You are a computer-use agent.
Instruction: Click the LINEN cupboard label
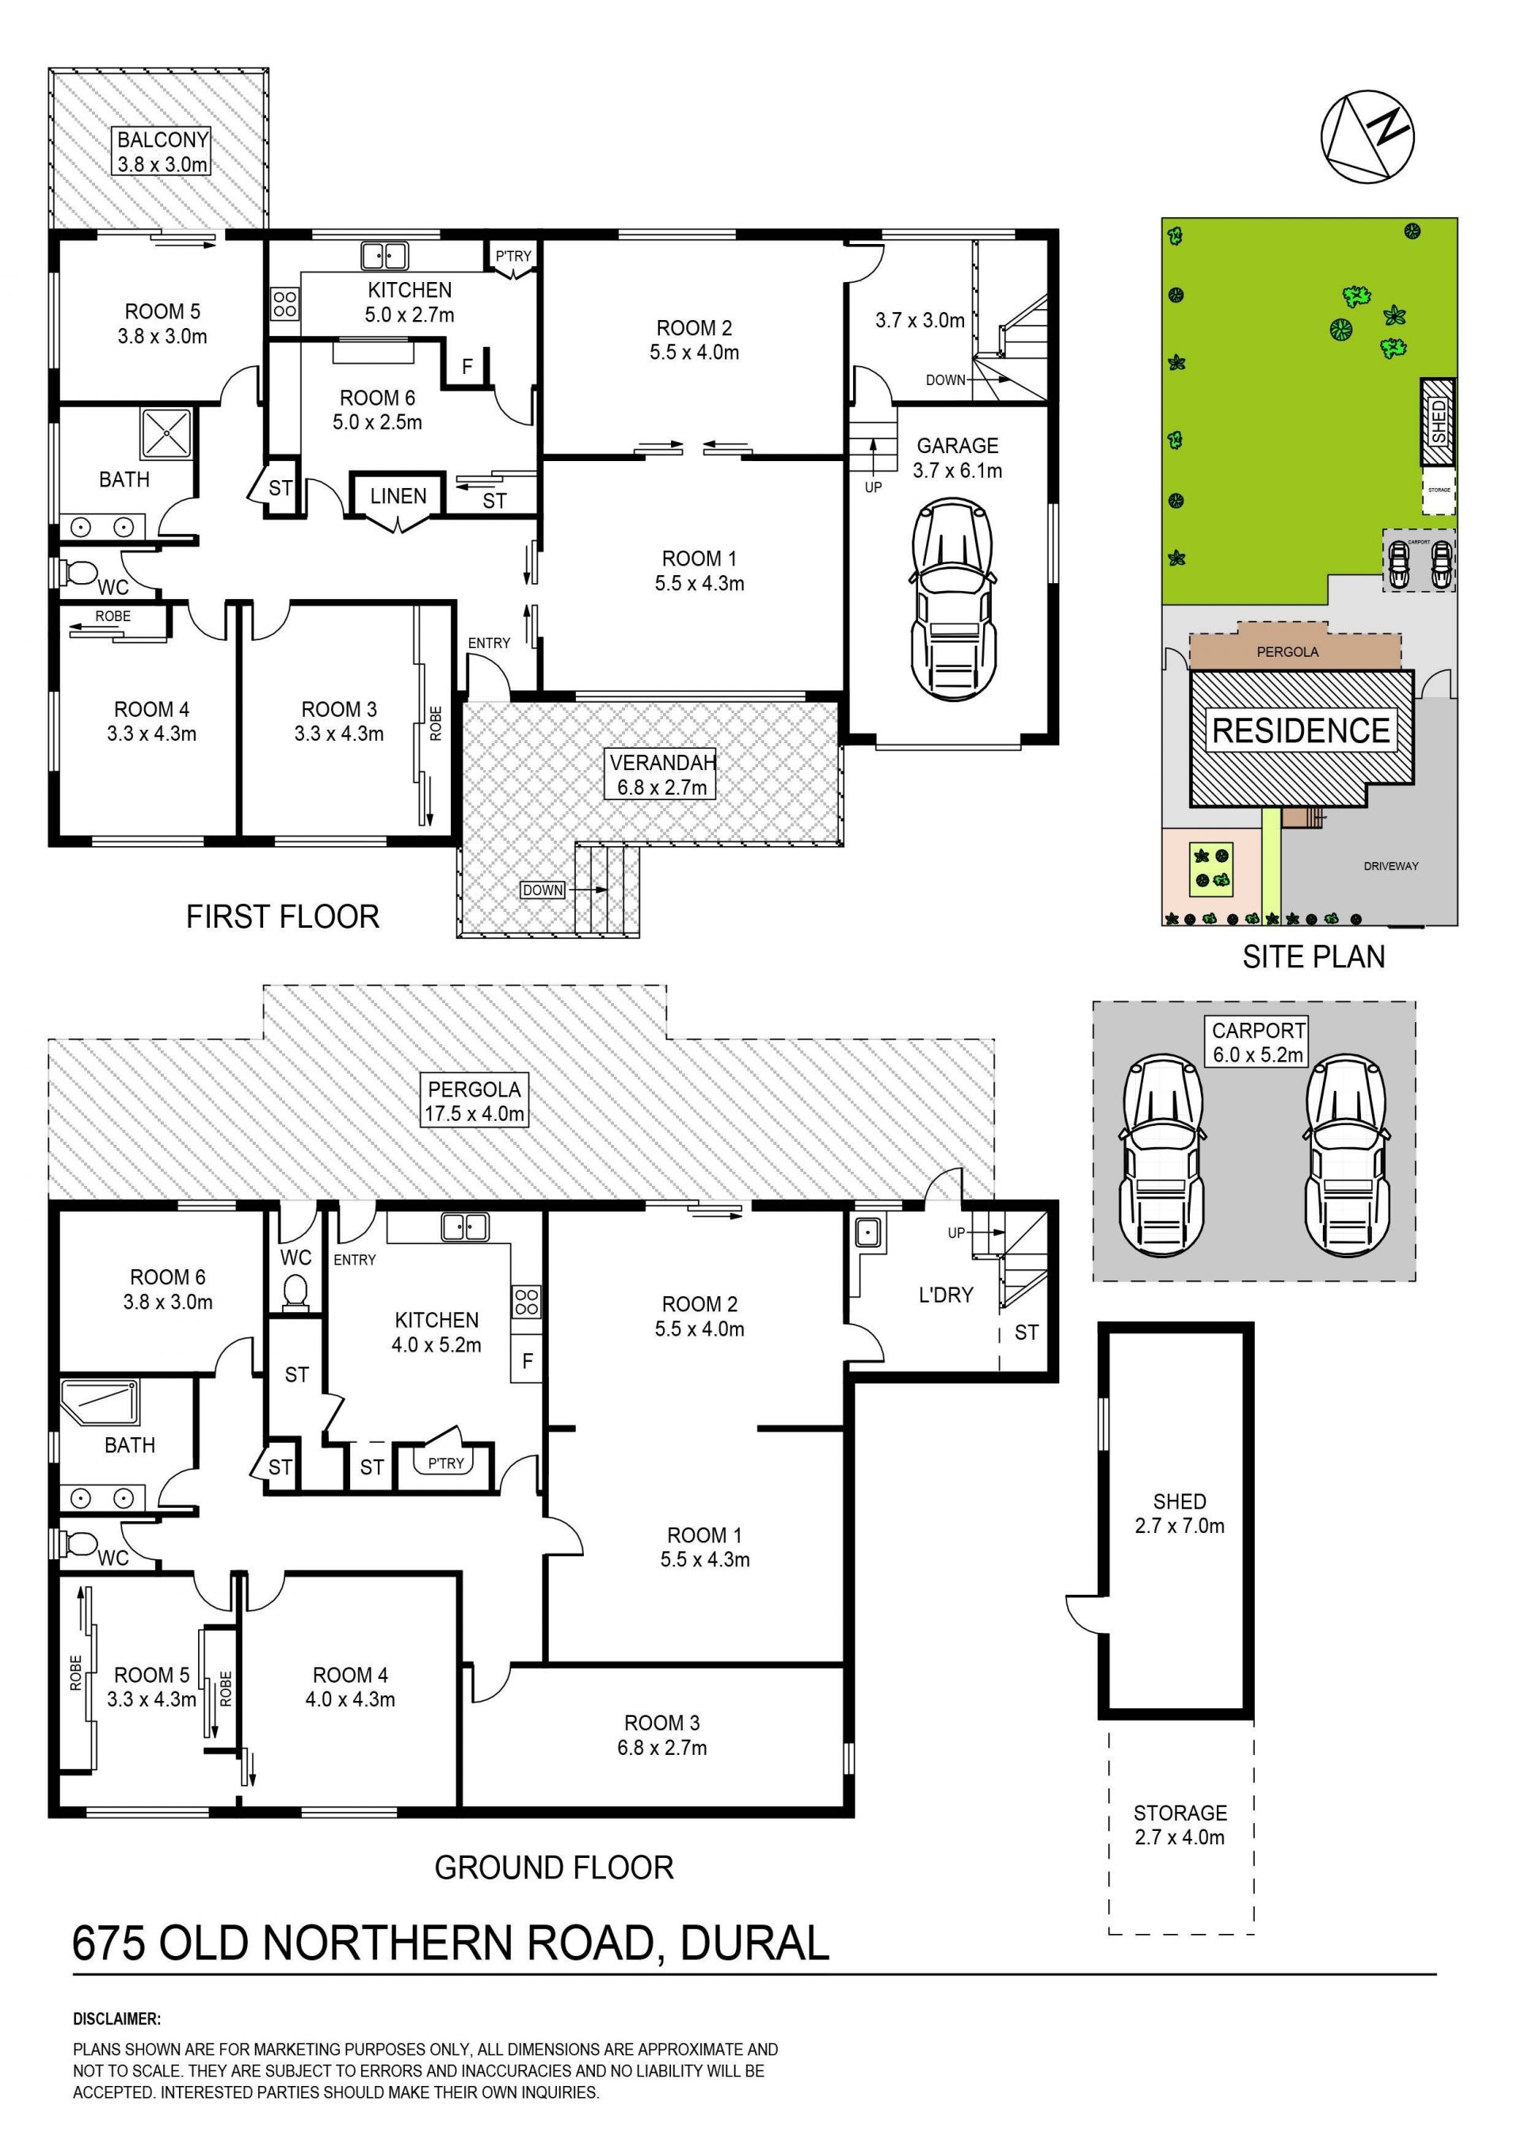tap(398, 496)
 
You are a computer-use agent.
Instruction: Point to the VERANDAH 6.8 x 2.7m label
tap(662, 774)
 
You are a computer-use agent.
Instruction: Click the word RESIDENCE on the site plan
tap(1301, 730)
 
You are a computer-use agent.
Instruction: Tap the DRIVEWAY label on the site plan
tap(1391, 866)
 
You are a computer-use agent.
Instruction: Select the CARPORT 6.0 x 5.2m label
tap(1258, 1042)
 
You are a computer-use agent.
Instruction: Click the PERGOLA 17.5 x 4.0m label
tap(474, 1100)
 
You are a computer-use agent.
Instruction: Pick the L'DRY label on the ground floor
tap(946, 1294)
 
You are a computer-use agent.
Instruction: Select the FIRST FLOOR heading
tap(283, 915)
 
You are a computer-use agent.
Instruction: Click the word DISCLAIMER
tap(117, 2019)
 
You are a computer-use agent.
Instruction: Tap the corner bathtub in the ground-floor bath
tap(99, 1402)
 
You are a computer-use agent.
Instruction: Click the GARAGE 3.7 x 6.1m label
tap(957, 458)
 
